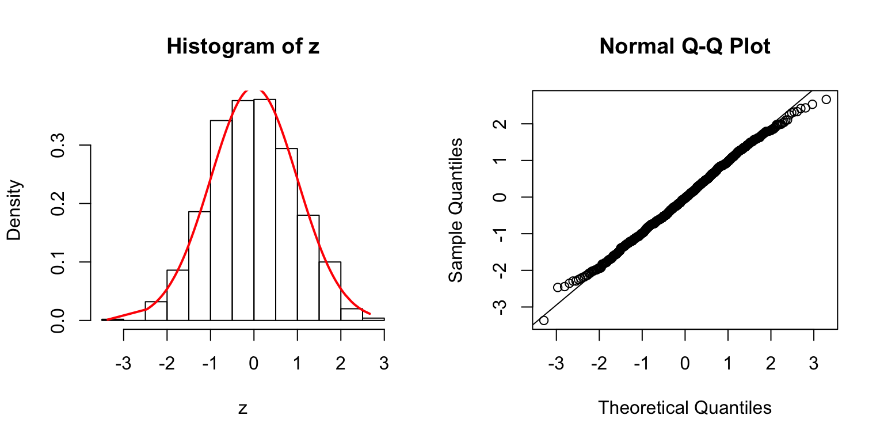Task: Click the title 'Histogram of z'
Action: [x=242, y=47]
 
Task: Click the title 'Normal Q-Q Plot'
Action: [x=684, y=47]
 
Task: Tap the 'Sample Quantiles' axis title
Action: [x=456, y=209]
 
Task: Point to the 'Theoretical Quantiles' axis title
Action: [x=684, y=407]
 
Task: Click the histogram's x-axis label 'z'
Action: [x=243, y=409]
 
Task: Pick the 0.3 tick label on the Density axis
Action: [x=60, y=145]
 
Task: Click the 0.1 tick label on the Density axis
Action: [x=60, y=262]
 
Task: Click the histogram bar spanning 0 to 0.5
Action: [x=265, y=210]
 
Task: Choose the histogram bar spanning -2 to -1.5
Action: [x=178, y=295]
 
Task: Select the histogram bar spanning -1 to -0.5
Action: [x=221, y=220]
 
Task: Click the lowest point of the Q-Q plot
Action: [x=544, y=320]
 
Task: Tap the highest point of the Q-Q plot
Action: [x=826, y=100]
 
